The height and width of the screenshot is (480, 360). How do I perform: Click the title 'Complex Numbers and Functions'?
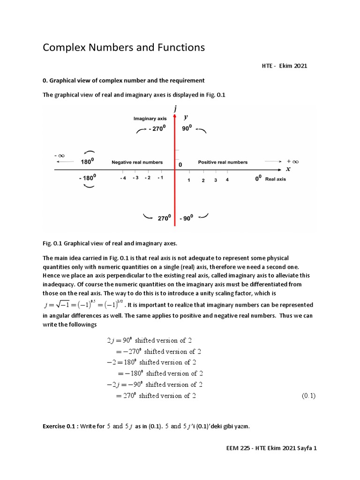124,47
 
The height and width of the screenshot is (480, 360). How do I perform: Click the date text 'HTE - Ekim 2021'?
284,66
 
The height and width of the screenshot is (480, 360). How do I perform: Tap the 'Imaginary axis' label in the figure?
150,119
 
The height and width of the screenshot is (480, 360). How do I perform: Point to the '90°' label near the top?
187,128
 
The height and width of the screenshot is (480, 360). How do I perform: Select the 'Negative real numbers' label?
137,162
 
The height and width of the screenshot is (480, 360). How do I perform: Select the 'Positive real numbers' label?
223,162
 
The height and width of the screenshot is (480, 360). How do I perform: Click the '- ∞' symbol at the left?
59,155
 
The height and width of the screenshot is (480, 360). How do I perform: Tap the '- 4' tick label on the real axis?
123,178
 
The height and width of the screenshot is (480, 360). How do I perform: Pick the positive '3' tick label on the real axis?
216,180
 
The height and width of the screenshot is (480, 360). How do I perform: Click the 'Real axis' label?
276,179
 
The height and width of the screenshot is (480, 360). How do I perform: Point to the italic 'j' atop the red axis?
175,109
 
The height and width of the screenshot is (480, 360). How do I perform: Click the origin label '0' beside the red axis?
180,165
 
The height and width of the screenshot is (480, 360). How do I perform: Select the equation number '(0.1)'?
308,396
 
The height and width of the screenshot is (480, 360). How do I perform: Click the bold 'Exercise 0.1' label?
60,426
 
